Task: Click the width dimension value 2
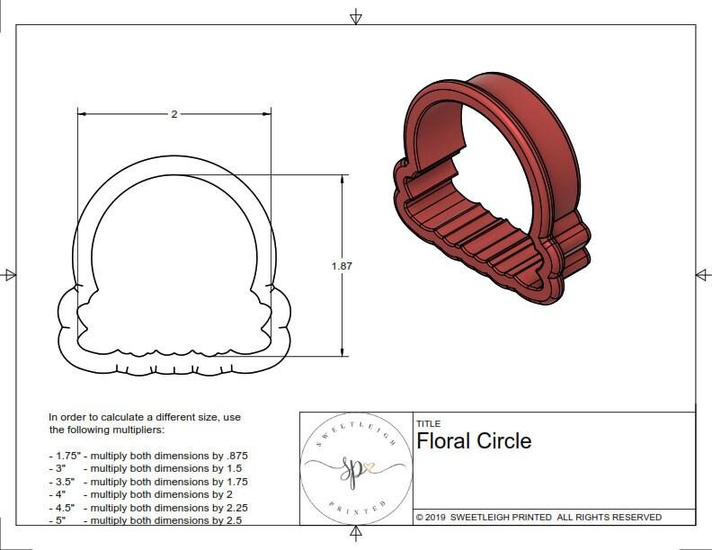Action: point(174,114)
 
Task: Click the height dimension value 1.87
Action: point(343,265)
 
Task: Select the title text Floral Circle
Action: point(473,441)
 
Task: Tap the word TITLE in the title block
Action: point(428,424)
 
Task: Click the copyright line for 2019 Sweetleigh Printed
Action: point(538,517)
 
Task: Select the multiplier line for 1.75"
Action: point(155,456)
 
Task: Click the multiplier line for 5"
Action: point(148,519)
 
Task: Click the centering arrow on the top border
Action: point(356,17)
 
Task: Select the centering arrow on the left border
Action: point(10,274)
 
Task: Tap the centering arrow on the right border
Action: point(701,274)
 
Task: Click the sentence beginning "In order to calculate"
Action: point(144,423)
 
